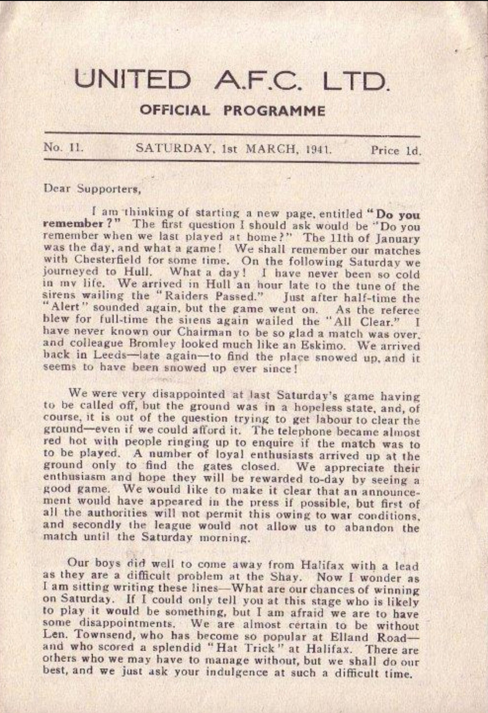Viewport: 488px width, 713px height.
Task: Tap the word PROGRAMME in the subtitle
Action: (275, 110)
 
